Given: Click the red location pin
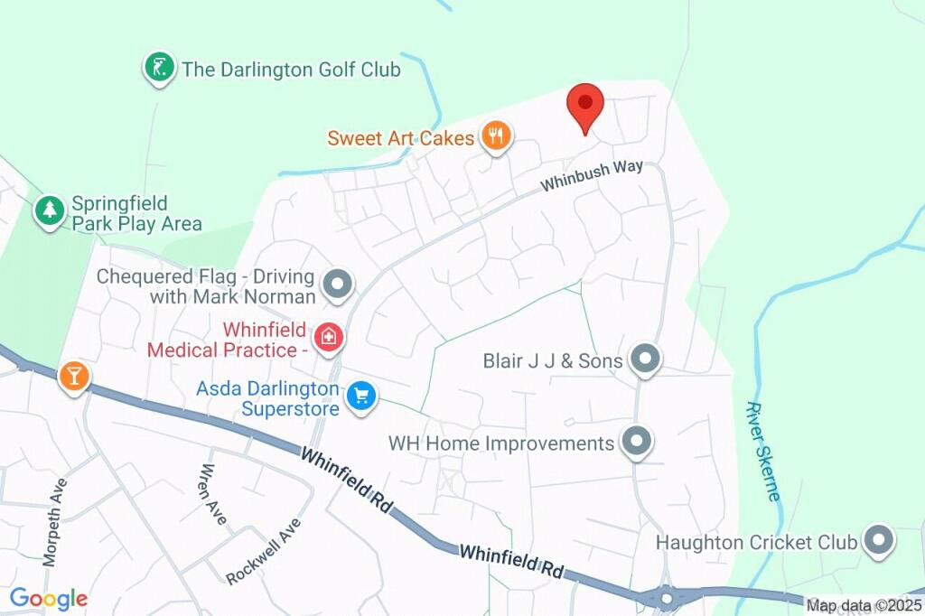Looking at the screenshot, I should pos(585,107).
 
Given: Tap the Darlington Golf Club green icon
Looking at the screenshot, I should pos(160,69).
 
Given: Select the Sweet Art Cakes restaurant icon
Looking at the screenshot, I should pos(495,137).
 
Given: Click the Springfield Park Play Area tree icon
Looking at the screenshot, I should pos(49,211).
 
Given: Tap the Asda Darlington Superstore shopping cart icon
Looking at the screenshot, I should pos(361,396).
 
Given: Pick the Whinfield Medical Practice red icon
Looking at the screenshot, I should pos(329,338).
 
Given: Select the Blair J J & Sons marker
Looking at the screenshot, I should pos(645,359).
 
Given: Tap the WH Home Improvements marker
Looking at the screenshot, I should pos(638,443).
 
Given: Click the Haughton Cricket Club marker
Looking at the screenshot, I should pos(878,541).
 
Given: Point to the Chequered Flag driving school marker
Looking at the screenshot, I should pos(338,285).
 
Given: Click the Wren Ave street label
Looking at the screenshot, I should pos(212,494).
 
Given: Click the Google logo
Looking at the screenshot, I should pos(49,598).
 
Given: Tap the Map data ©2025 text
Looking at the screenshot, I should pos(864,606).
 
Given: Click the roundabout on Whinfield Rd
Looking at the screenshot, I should pos(667,597).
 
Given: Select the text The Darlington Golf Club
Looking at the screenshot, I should pos(291,70).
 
